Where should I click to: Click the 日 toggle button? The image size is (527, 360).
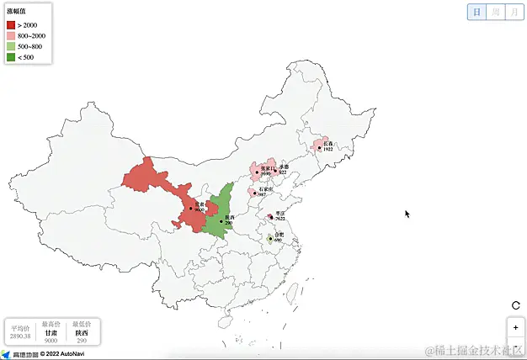477,12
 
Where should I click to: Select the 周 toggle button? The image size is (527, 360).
496,12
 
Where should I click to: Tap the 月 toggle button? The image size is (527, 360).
514,12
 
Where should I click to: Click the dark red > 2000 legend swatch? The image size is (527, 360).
11,25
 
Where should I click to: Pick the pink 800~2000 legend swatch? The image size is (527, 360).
11,36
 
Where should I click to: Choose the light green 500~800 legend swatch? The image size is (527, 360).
11,46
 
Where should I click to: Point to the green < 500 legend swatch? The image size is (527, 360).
11,56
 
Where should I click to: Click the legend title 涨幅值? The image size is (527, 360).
16,12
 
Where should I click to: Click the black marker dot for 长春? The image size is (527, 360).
319,148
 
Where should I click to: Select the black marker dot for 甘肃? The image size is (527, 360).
190,208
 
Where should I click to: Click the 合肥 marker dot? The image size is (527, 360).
269,239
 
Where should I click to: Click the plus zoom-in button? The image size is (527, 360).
515,326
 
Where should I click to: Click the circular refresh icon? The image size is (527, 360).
515,305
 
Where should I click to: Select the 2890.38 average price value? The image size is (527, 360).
20,336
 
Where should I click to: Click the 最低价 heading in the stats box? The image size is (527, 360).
82,324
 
